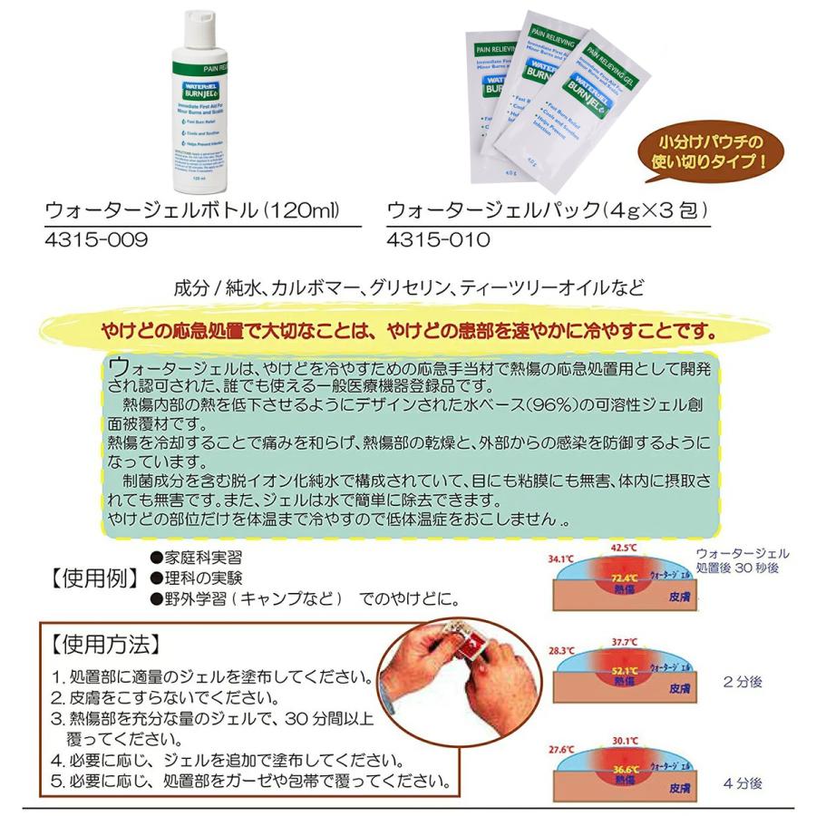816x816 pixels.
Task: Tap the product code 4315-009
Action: (x=95, y=240)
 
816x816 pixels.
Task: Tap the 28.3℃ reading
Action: (x=561, y=651)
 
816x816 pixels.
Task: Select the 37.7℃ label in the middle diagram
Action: (x=622, y=643)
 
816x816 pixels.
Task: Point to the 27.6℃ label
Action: (x=562, y=750)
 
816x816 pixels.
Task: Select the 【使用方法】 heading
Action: (x=106, y=644)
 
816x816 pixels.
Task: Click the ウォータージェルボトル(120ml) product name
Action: (x=192, y=210)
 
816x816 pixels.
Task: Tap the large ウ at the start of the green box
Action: (x=118, y=369)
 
